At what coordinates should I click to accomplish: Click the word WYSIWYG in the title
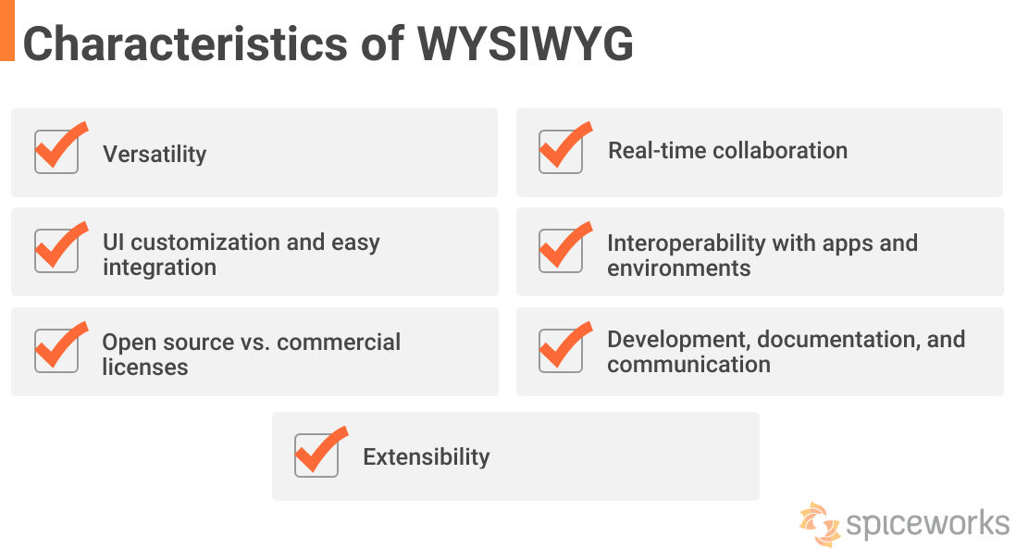click(x=526, y=44)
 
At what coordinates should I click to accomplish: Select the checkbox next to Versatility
click(x=56, y=152)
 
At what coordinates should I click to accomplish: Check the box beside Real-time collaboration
click(x=561, y=152)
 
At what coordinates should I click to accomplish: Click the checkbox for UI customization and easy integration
click(x=56, y=251)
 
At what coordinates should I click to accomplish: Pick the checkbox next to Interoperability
click(x=561, y=251)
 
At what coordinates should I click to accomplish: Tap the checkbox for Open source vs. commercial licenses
click(x=56, y=351)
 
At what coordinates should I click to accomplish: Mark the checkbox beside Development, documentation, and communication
click(x=561, y=351)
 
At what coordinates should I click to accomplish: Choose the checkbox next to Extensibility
click(x=316, y=455)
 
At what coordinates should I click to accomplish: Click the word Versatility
click(x=155, y=154)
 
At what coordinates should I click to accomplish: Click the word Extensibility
click(x=426, y=456)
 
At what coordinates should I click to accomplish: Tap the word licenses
click(x=145, y=368)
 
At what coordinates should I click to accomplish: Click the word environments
click(x=678, y=268)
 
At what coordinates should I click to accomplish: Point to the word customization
click(x=204, y=243)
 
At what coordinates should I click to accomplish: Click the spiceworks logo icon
click(x=820, y=523)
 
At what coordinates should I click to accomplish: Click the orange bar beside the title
click(x=7, y=30)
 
